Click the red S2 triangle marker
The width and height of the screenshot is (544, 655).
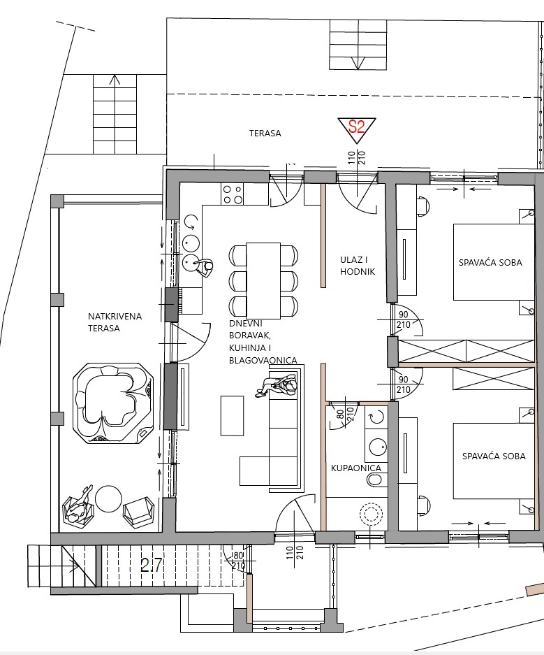(357, 127)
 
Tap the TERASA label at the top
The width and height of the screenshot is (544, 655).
(265, 133)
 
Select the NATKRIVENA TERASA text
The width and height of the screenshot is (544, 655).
(115, 322)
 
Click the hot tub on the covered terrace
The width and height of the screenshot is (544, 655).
(112, 403)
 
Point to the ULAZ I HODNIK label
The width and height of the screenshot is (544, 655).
(358, 266)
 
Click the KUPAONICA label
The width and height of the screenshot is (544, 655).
(356, 468)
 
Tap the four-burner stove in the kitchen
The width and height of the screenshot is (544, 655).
(232, 194)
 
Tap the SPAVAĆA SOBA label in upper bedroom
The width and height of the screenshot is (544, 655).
(490, 263)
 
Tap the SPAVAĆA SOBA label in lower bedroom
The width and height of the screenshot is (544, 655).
(493, 456)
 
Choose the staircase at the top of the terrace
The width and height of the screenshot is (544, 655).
(358, 44)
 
